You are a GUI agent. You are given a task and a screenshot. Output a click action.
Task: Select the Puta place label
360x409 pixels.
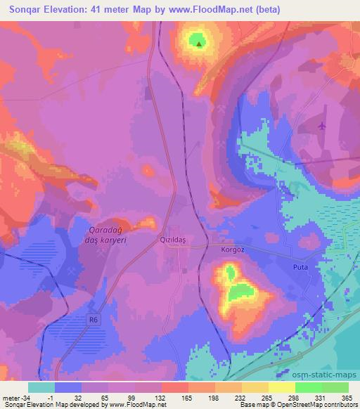[301, 268]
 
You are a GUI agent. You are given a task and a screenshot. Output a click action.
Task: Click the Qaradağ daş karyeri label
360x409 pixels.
[106, 235]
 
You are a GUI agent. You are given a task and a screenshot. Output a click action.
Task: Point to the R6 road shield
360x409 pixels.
[93, 320]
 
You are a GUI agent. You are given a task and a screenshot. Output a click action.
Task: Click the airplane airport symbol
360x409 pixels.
[322, 126]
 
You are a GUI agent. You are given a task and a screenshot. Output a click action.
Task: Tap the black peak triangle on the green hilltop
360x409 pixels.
[199, 44]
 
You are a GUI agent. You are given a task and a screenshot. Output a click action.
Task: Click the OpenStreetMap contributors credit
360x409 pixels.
[309, 405]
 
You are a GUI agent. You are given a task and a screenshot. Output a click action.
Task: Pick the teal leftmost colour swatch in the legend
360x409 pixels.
[41, 387]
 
